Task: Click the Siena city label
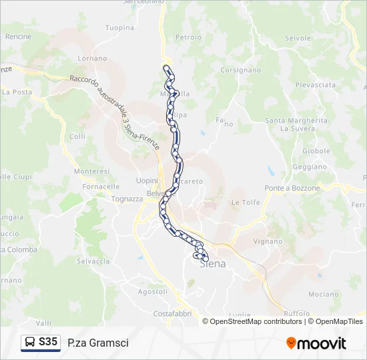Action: click(213, 263)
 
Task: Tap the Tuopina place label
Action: click(119, 28)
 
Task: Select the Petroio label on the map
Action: click(188, 37)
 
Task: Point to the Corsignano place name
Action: click(240, 70)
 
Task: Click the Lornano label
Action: click(92, 59)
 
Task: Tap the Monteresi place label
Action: click(91, 171)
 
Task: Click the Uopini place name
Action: click(147, 181)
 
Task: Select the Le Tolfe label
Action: click(245, 202)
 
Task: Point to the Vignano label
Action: click(269, 241)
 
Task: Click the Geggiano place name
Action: click(310, 167)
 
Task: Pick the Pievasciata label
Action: click(316, 85)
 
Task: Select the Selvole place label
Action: click(298, 39)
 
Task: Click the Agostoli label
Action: click(152, 291)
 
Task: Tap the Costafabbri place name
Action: click(173, 313)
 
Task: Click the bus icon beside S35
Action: click(30, 343)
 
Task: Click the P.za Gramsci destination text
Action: click(98, 343)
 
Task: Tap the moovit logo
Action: click(316, 343)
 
